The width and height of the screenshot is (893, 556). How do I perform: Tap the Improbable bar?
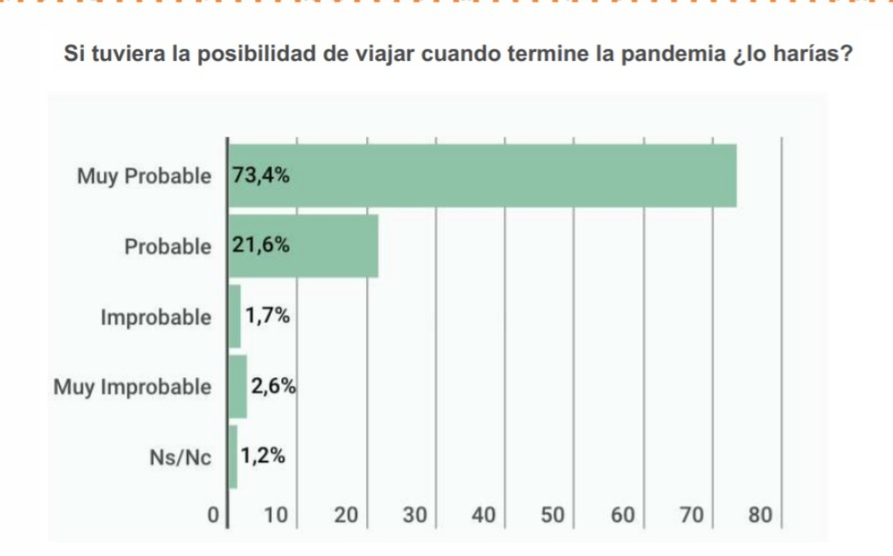(235, 316)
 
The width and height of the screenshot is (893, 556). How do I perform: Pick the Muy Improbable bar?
(238, 387)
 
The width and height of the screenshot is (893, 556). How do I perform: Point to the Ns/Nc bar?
(233, 458)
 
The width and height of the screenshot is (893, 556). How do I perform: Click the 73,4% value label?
(261, 175)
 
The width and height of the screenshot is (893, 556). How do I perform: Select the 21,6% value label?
(261, 246)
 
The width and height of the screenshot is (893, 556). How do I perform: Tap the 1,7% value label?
(269, 316)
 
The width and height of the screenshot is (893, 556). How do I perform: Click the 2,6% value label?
(273, 387)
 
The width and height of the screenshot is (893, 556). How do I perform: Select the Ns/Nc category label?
(180, 459)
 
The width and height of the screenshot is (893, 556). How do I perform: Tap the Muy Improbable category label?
(133, 387)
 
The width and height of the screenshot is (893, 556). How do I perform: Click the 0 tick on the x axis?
(213, 516)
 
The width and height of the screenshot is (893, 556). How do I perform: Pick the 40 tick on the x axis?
(483, 516)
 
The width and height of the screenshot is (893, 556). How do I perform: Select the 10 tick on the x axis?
(276, 516)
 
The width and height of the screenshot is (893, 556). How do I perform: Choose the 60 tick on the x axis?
(622, 516)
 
